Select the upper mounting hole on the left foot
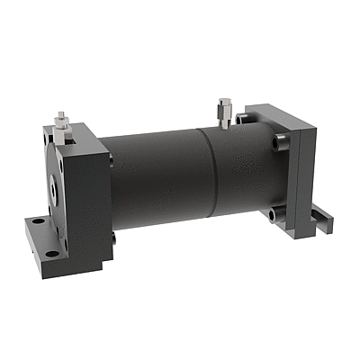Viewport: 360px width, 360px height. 37,218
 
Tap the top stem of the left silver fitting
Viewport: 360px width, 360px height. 59,116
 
